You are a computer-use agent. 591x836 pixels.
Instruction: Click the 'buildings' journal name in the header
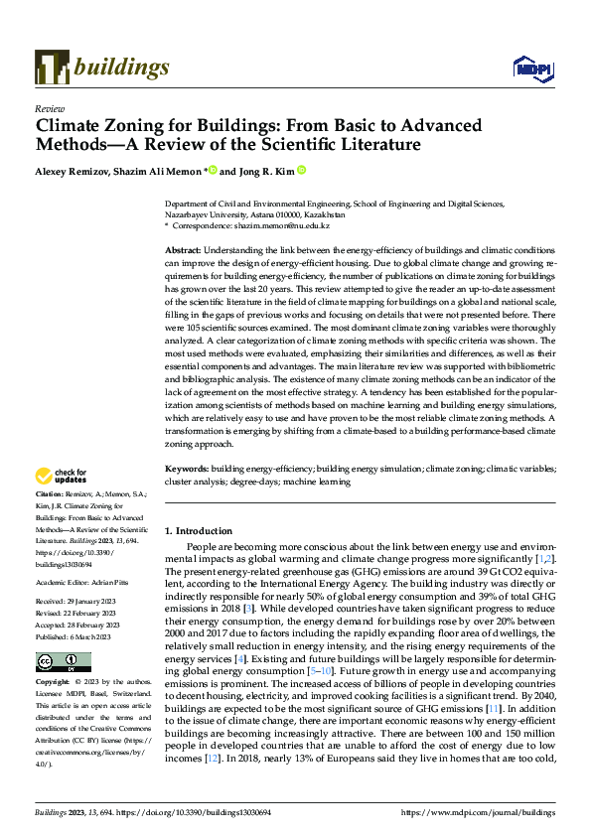[120, 67]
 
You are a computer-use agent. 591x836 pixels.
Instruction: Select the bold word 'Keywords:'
[187, 467]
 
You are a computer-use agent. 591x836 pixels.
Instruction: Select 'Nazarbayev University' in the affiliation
[207, 214]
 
